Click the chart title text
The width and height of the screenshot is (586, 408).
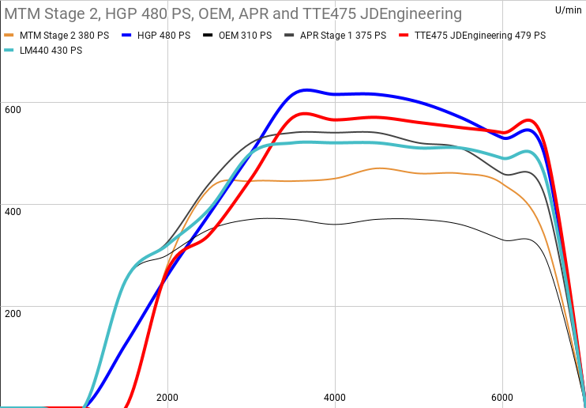(234, 14)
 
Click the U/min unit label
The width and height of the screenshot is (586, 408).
(569, 9)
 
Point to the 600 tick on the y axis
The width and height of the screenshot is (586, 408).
(12, 109)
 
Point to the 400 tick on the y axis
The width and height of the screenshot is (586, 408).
(12, 211)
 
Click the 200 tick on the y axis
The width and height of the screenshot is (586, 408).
(12, 313)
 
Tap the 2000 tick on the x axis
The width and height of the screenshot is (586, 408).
(167, 397)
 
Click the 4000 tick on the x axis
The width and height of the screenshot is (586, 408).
(335, 397)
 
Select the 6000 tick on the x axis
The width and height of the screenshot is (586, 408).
(502, 397)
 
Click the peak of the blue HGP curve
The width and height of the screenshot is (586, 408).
(304, 89)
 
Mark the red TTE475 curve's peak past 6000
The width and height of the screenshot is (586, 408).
(529, 120)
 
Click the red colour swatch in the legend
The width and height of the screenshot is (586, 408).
(404, 36)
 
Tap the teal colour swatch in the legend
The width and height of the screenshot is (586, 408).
(9, 50)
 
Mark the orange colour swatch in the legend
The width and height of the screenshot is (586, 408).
(9, 36)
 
